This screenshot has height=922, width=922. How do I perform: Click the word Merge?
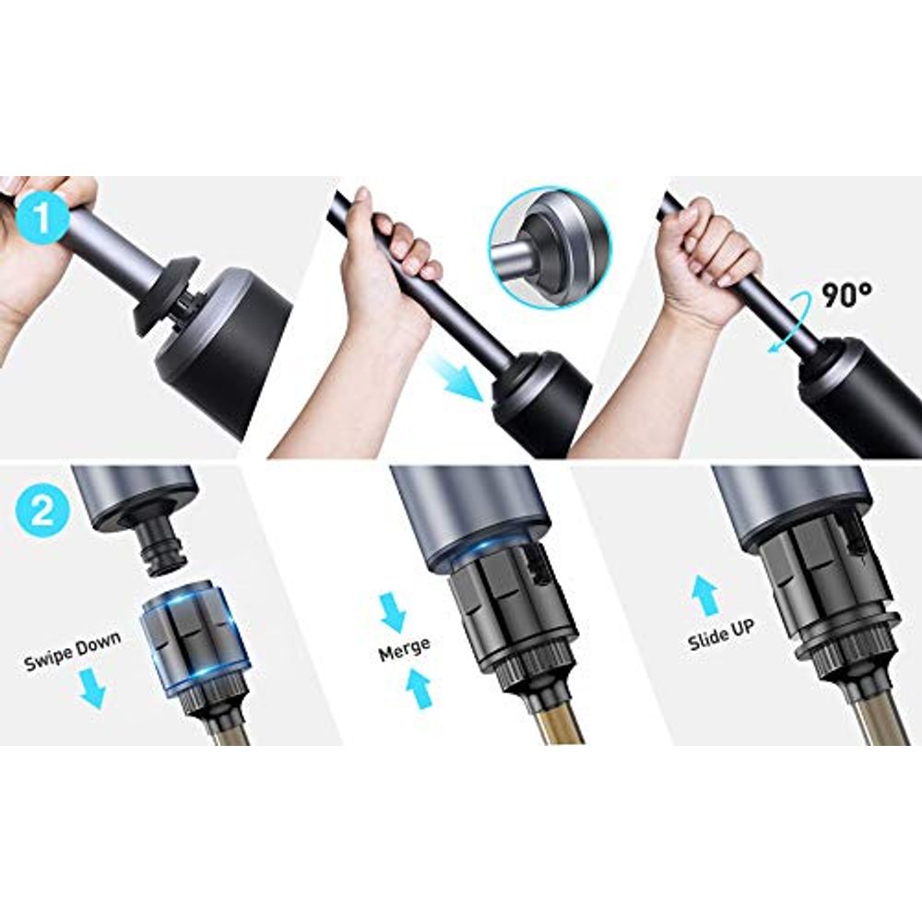[404, 649]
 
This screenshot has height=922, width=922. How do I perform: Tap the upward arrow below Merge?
[419, 690]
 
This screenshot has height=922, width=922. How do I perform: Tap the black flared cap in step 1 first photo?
[166, 295]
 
